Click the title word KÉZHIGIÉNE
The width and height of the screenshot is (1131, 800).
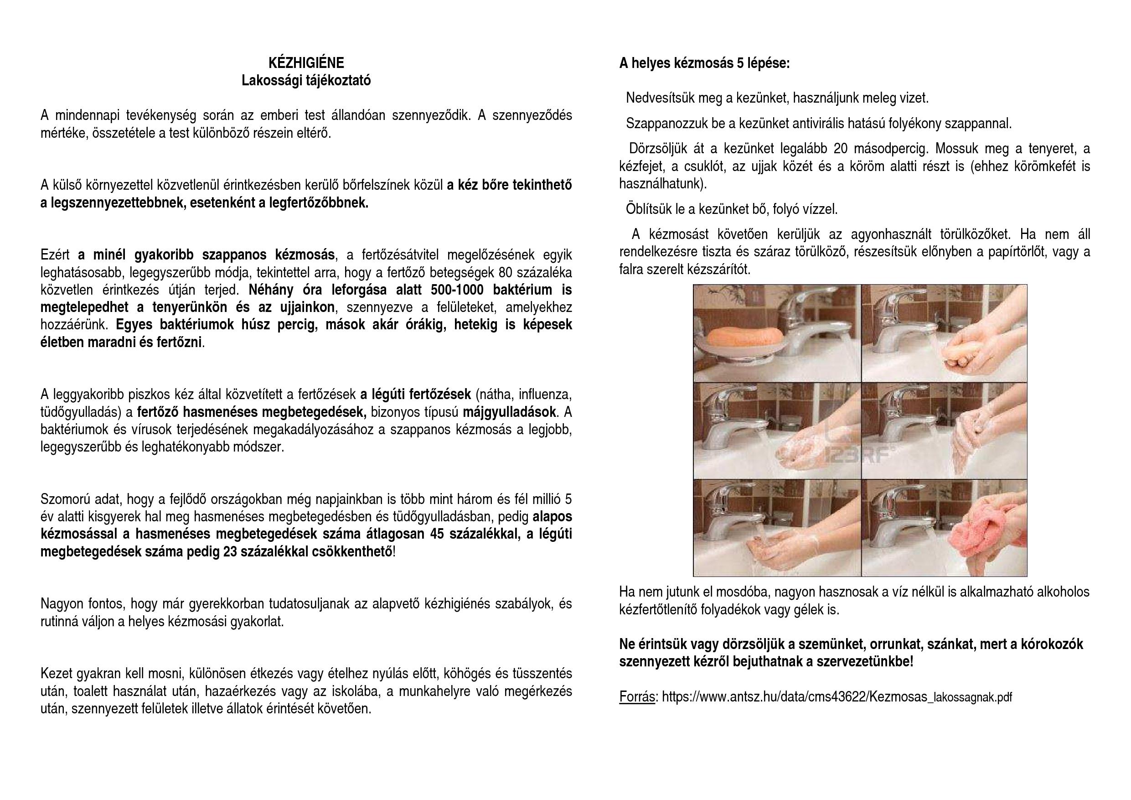tap(306, 62)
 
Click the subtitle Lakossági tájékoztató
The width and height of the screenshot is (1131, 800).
tap(306, 80)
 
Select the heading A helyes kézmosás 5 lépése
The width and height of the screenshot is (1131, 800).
tap(704, 63)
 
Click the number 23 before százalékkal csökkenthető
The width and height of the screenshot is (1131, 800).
tap(230, 552)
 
